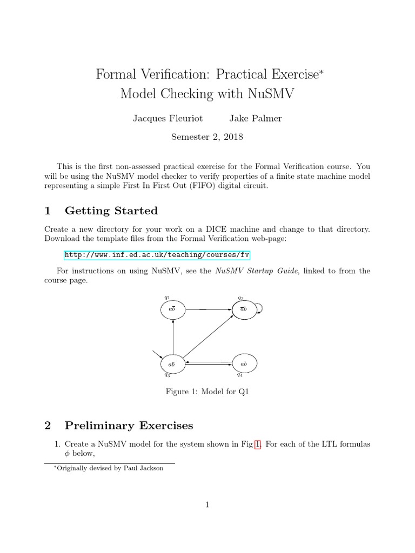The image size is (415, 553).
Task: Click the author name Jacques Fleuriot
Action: (x=166, y=118)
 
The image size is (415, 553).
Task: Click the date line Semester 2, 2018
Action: (x=207, y=137)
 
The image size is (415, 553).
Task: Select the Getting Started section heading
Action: (x=111, y=211)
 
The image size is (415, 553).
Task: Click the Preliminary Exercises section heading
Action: (x=129, y=426)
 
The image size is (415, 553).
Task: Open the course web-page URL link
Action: (x=157, y=255)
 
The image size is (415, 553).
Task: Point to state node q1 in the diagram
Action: (x=172, y=309)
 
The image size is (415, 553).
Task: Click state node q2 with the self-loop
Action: (x=243, y=309)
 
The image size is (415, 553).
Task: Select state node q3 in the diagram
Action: (x=172, y=364)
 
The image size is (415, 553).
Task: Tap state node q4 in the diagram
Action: (x=243, y=364)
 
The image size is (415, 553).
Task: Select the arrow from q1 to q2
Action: (x=207, y=309)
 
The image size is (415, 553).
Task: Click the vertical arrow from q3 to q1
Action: (x=172, y=337)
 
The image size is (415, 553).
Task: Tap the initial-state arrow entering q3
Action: (x=157, y=354)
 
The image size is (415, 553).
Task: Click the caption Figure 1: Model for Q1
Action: (x=207, y=392)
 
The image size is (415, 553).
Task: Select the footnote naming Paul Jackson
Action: (x=106, y=468)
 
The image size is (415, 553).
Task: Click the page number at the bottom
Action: (x=207, y=505)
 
